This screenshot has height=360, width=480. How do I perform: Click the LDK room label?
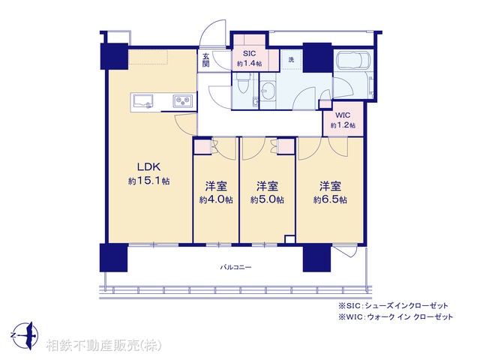(x=148, y=167)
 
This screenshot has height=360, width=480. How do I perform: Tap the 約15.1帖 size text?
(x=148, y=181)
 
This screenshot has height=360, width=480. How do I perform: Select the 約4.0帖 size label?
(x=216, y=200)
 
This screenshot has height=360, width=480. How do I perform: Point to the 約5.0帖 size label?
(x=267, y=200)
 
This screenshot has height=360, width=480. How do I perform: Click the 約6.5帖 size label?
(x=330, y=200)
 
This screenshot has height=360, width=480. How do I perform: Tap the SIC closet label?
(x=249, y=53)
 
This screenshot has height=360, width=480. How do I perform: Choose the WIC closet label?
(x=343, y=115)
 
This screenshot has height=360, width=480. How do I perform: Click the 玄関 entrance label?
(x=206, y=60)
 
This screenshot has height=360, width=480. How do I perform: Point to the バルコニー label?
(x=235, y=267)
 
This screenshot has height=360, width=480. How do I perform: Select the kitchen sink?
(x=142, y=101)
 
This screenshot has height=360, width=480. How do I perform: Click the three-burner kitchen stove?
(x=183, y=100)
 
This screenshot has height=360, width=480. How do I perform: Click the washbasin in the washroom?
(x=268, y=91)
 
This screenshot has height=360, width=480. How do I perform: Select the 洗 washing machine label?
(x=291, y=60)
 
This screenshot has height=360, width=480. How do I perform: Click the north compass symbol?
(x=25, y=335)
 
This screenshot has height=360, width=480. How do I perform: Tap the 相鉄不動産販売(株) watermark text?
(x=103, y=345)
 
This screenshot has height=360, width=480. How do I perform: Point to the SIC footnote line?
(x=393, y=305)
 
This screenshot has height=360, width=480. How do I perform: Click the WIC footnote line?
(x=395, y=316)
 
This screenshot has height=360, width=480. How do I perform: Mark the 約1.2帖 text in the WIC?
(x=343, y=125)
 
